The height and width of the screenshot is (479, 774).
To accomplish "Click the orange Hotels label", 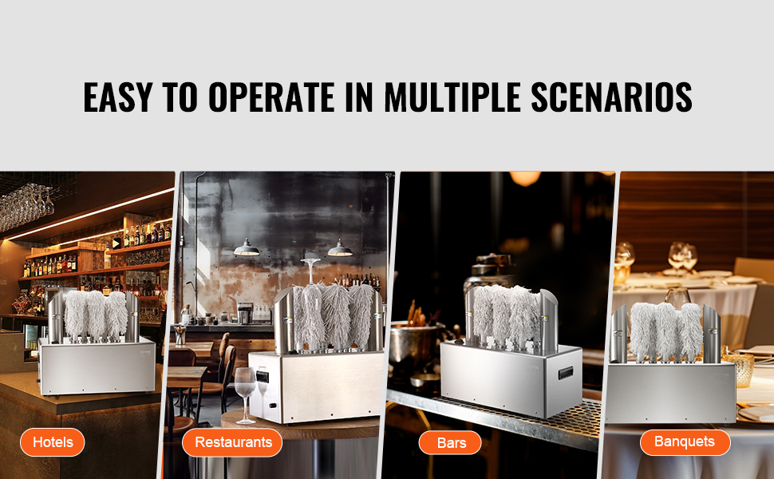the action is pos(53,442).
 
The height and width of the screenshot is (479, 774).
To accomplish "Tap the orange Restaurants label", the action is pos(232,442).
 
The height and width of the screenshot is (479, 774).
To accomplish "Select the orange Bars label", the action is pos(450,442).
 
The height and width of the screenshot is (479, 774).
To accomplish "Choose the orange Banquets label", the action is pos(685,442).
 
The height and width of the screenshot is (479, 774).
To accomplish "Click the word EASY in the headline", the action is pos(117,97).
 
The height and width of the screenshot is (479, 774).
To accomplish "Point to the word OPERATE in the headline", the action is pos(271,97).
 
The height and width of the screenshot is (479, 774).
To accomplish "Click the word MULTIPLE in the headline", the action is pos(452,97).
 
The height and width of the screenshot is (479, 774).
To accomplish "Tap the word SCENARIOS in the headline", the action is pos(611,97).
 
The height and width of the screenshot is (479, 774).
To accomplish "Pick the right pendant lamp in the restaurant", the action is pos(340,248).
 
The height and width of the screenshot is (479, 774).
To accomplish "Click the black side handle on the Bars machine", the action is pos(566,373).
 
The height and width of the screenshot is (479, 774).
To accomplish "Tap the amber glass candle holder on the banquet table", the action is pos(738,370).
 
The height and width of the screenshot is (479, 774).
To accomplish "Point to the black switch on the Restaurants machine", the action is pos(263,377).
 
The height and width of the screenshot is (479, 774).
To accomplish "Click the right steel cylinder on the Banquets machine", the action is pos(712,334).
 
